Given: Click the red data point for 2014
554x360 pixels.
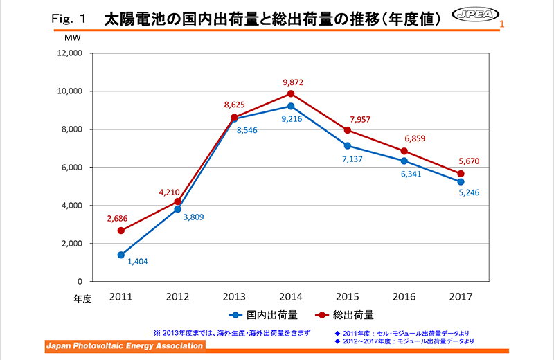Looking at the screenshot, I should [291, 93].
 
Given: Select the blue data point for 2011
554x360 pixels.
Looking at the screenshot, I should [121, 255].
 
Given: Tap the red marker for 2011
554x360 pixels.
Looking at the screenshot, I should [121, 231].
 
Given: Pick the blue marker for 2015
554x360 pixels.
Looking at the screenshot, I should [347, 145].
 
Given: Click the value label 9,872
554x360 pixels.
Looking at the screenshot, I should [292, 82].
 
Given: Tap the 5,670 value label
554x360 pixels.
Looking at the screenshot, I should [461, 162].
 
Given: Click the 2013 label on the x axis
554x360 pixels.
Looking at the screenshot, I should [234, 296].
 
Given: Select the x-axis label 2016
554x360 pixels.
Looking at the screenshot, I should [404, 296].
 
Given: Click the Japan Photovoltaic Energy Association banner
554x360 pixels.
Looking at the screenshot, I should [125, 346].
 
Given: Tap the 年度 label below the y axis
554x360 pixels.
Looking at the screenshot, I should [82, 299].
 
